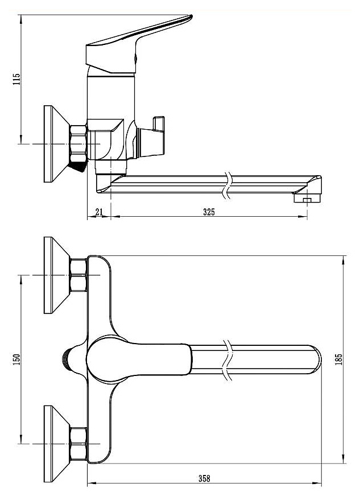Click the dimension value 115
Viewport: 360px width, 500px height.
point(16,79)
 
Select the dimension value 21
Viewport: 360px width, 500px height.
point(99,212)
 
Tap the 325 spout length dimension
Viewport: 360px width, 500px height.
point(209,212)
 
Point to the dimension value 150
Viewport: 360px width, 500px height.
point(16,359)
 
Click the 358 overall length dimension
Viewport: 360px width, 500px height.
point(204,478)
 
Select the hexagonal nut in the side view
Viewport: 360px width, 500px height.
point(78,144)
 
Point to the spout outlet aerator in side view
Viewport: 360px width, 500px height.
point(307,199)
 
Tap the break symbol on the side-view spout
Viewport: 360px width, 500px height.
point(227,185)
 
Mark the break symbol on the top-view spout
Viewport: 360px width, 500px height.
point(227,360)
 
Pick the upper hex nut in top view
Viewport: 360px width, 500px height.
point(78,275)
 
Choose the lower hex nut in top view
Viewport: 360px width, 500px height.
point(78,444)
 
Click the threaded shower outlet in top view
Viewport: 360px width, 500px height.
point(65,360)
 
